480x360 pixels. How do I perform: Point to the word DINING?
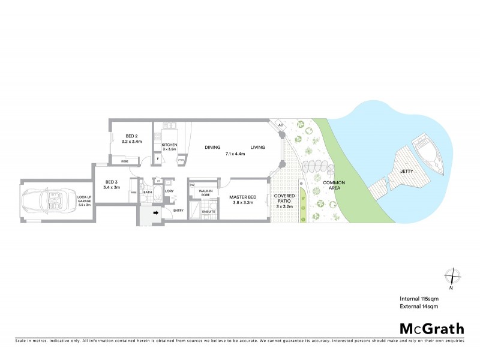click(212, 148)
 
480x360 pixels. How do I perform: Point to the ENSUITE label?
click(208, 212)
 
